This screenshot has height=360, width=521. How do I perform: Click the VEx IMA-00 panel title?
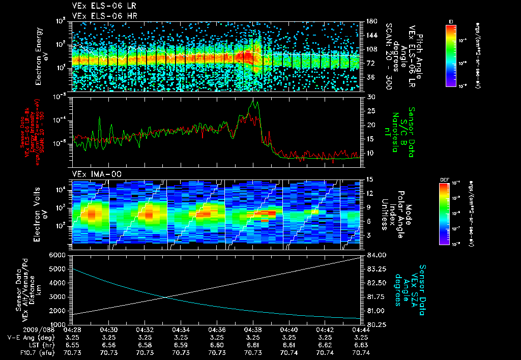pos(94,174)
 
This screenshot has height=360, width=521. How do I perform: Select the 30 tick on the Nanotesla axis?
pos(370,97)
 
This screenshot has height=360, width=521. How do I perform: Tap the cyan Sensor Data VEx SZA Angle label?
pos(410,290)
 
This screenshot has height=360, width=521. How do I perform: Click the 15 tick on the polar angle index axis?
pos(370,179)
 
